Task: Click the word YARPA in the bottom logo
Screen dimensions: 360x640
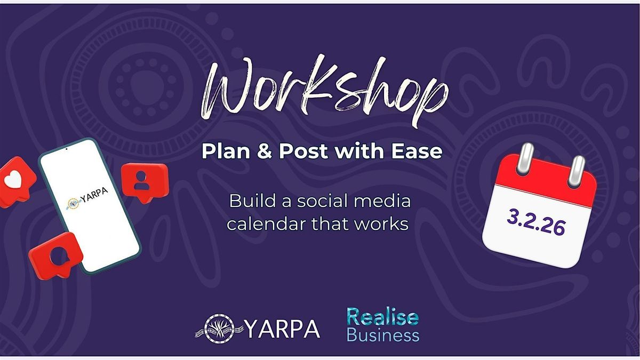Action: pos(282,329)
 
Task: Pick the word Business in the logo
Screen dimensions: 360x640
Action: pos(383,335)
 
